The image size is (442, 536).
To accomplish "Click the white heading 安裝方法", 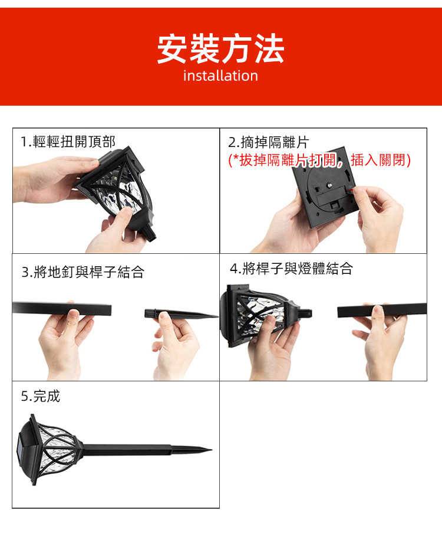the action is point(220,49).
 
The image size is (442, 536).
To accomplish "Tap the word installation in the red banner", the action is point(220,76).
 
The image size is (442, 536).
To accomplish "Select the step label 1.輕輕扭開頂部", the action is point(68,142).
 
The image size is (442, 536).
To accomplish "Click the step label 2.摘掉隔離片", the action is point(269,142).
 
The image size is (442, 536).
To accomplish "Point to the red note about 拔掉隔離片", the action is point(319,160).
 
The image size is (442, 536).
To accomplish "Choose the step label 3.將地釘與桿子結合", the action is point(83,272).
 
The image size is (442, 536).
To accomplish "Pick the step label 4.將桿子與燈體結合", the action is point(291,269).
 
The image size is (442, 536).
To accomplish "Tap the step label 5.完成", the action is point(40,396).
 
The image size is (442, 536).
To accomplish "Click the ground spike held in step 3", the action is point(181,313).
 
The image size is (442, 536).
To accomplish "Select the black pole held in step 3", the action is point(62,309).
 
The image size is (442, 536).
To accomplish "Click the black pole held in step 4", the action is point(382,310).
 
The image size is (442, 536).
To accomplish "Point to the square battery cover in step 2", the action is point(324,187).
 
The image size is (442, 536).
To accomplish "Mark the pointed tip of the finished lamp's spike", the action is point(212,450).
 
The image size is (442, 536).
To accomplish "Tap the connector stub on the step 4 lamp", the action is point(305,313).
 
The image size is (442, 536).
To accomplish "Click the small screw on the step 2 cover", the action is point(330,185).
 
